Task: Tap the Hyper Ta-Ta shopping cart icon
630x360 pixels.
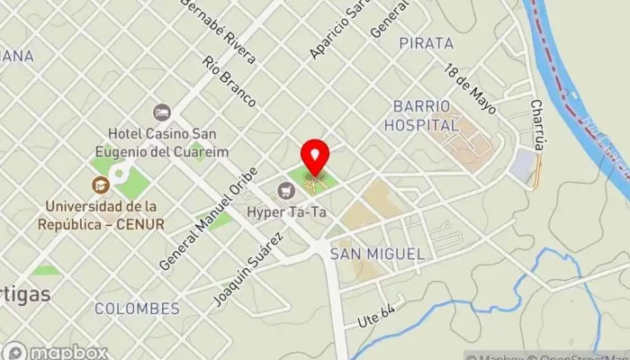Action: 286,190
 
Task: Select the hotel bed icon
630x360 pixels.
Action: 162,112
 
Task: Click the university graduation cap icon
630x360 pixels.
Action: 100,184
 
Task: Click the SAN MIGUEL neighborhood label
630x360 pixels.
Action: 377,254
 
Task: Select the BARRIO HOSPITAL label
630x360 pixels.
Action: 421,116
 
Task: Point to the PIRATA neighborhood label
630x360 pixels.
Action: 426,43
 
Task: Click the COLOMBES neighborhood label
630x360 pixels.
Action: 137,309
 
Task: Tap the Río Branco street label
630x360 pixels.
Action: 229,83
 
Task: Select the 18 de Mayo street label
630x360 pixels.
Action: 469,87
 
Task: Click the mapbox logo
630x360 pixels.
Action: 56,351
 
